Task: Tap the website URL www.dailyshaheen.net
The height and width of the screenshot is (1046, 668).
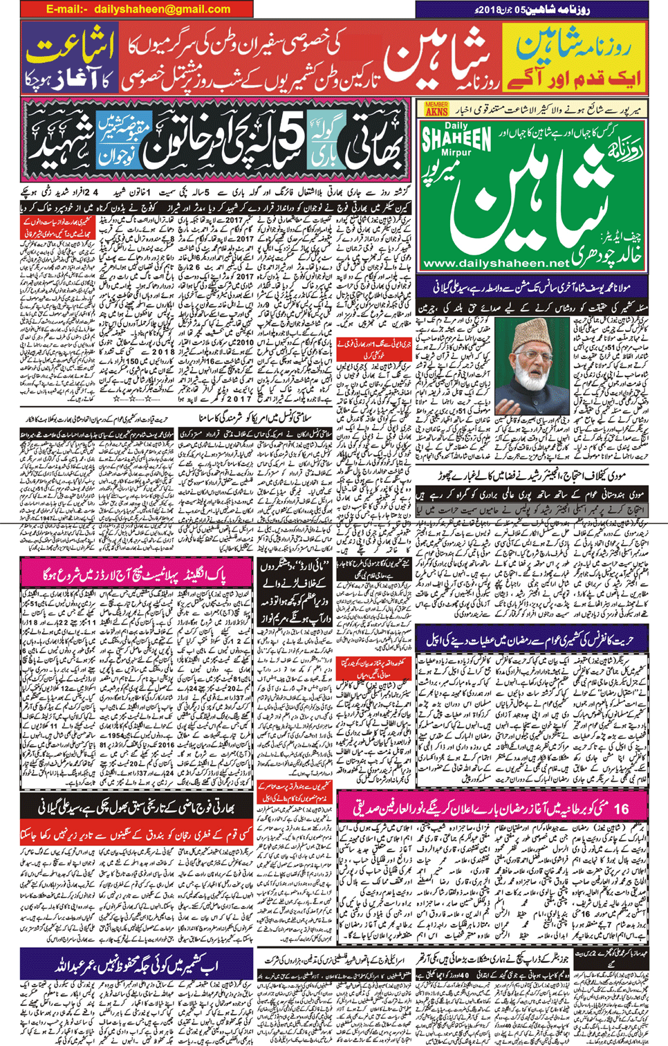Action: coord(495,264)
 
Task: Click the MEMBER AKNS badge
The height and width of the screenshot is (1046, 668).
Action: coord(436,109)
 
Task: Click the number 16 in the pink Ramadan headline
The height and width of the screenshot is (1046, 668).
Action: coord(620,807)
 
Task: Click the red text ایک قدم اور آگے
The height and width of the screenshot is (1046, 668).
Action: coord(575,77)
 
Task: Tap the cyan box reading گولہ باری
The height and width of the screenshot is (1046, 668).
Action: coord(323,142)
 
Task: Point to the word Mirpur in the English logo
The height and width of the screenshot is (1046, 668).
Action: coord(456,153)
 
